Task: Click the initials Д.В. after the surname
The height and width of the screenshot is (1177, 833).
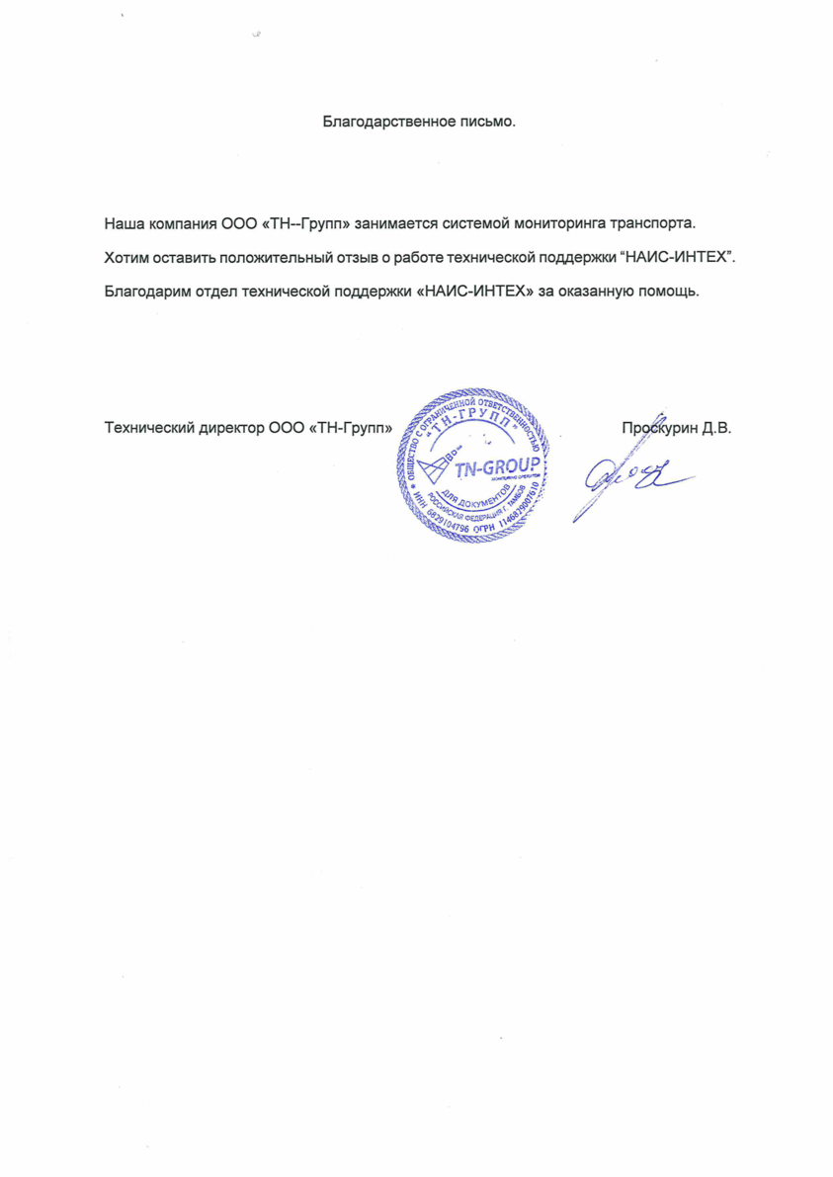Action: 716,429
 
